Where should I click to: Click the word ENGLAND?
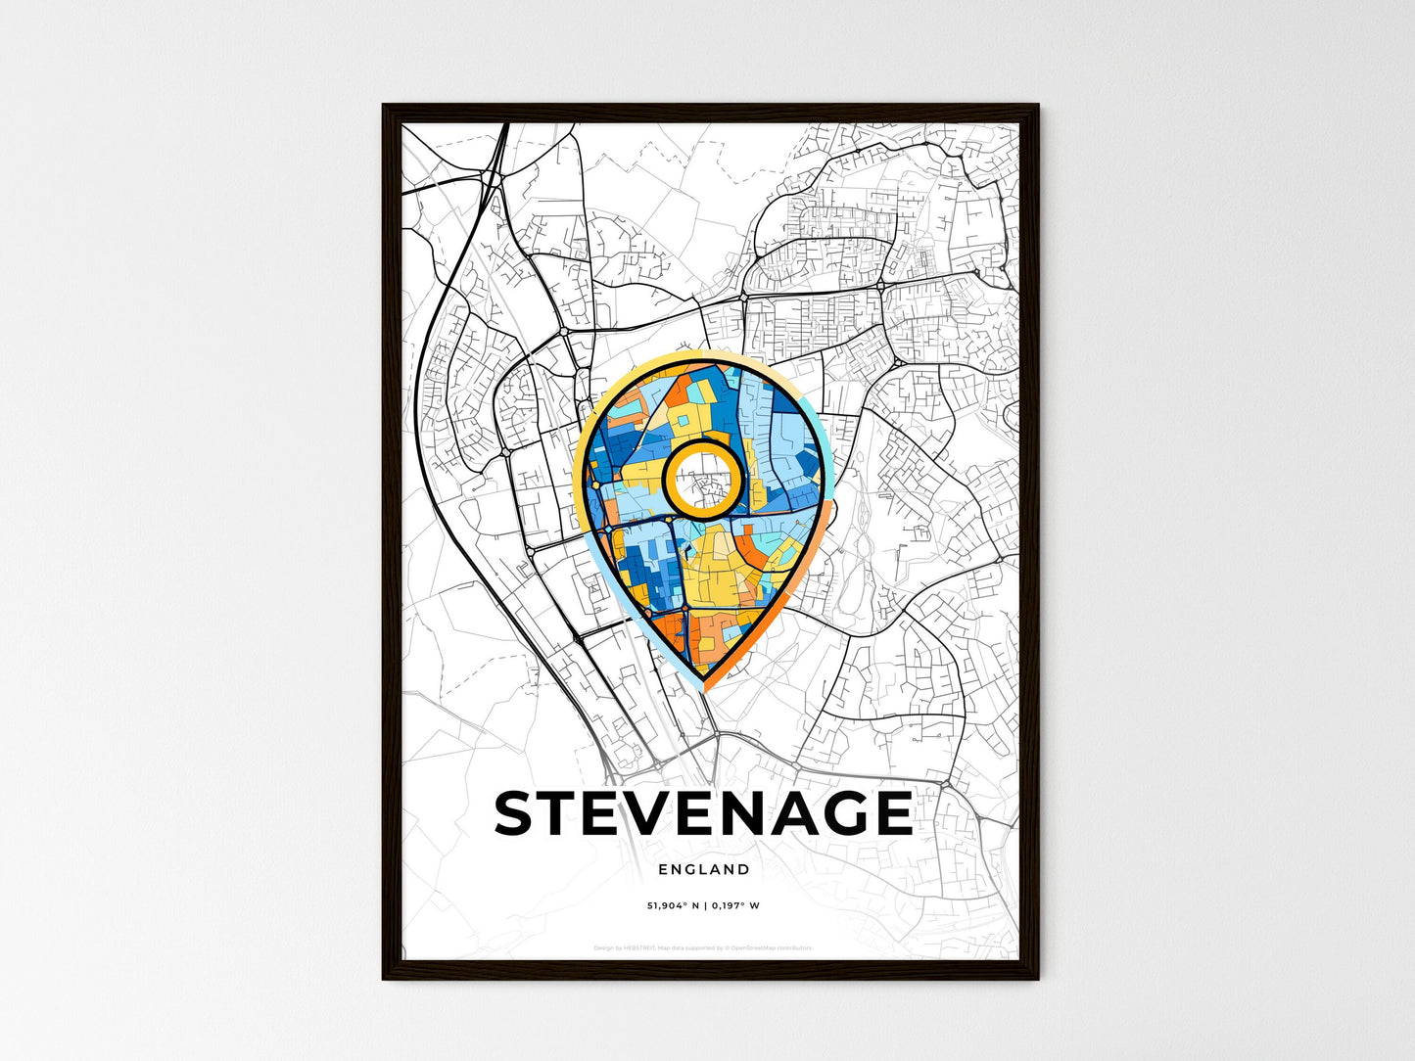point(704,869)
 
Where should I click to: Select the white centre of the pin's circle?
point(701,478)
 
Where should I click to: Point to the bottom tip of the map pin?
point(704,688)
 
